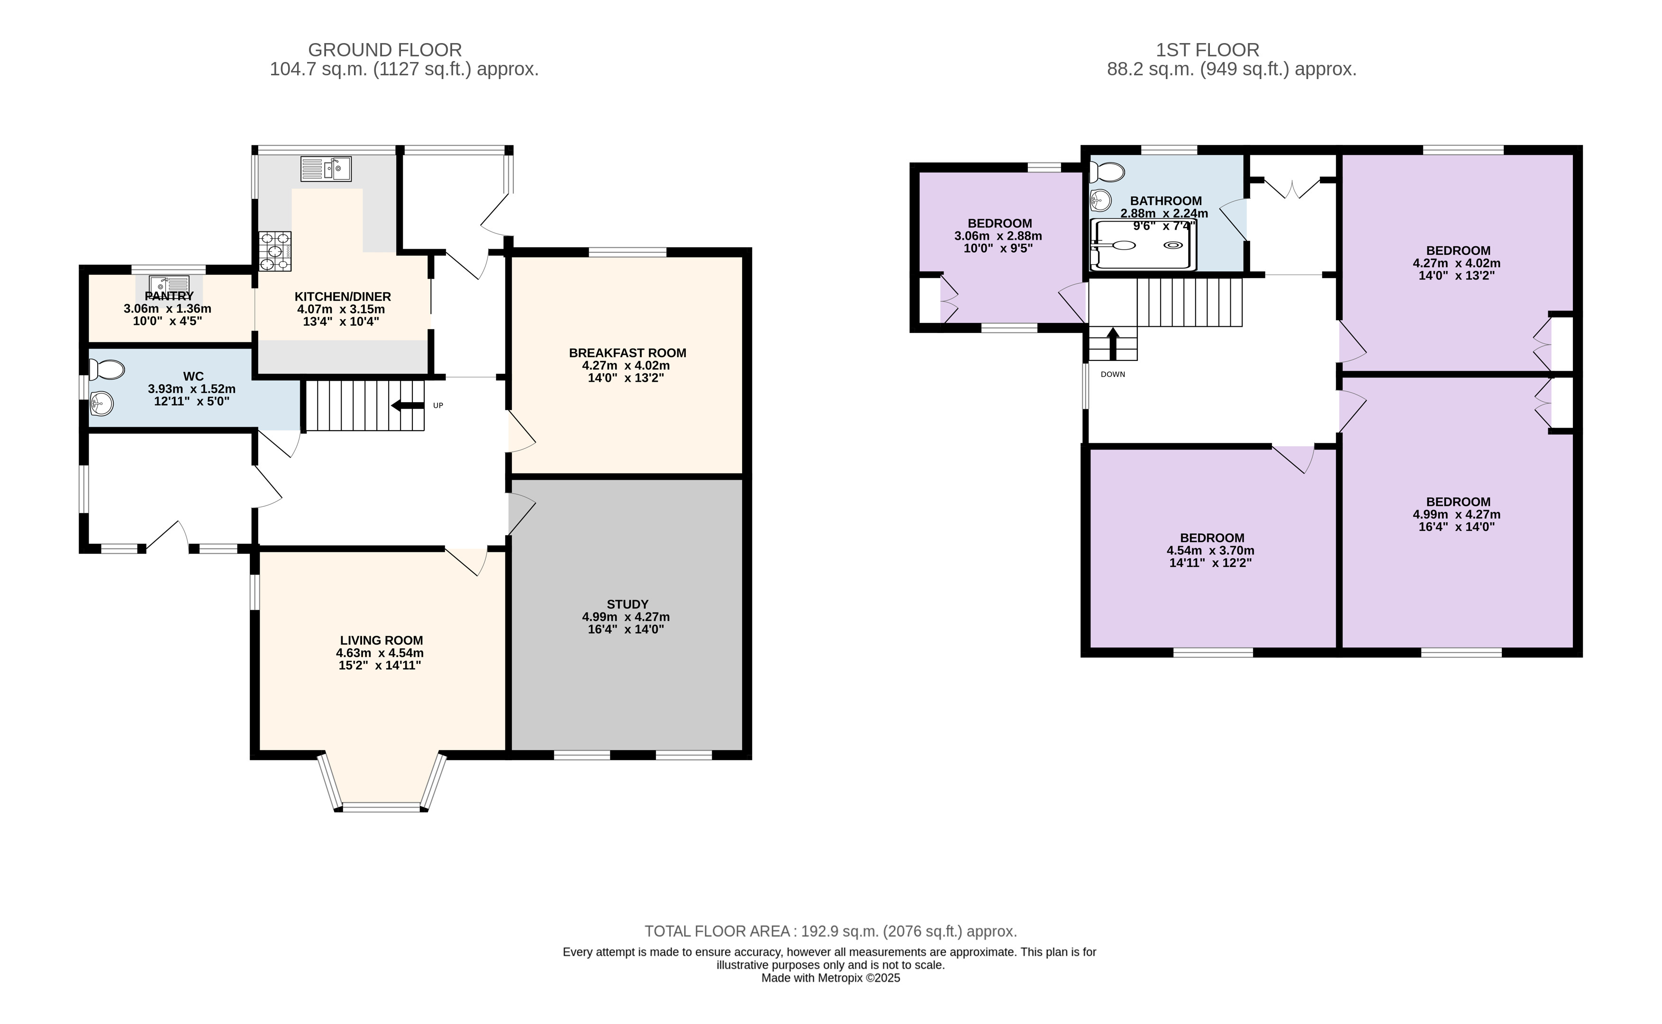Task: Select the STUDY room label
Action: click(x=627, y=604)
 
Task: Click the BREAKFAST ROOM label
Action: click(x=627, y=353)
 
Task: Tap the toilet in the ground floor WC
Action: click(x=107, y=370)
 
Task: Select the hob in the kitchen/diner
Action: click(x=274, y=251)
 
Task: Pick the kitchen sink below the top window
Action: click(x=326, y=169)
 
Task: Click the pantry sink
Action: click(x=169, y=285)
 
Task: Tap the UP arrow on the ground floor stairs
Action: click(x=407, y=406)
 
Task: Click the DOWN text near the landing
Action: click(x=1113, y=375)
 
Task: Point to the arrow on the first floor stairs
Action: click(x=1113, y=343)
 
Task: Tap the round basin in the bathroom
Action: click(x=1101, y=200)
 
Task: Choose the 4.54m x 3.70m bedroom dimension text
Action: click(x=1210, y=551)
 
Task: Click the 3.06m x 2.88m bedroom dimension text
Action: click(x=998, y=236)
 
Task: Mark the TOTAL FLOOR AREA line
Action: click(x=831, y=931)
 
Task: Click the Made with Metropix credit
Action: click(x=831, y=978)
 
